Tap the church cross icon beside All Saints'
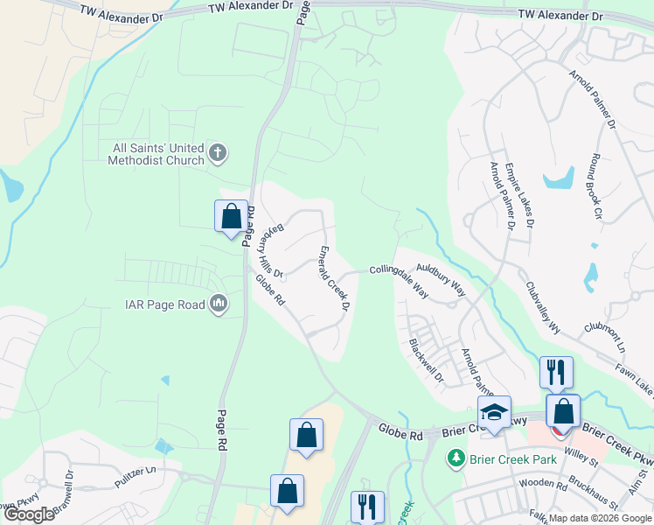point(218,155)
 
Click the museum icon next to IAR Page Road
point(219,304)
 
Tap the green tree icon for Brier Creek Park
point(455,458)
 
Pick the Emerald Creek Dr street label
point(334,279)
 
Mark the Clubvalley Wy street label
point(542,307)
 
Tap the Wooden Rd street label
point(543,484)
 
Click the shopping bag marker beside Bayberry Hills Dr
point(231,216)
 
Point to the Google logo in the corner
point(30,514)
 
